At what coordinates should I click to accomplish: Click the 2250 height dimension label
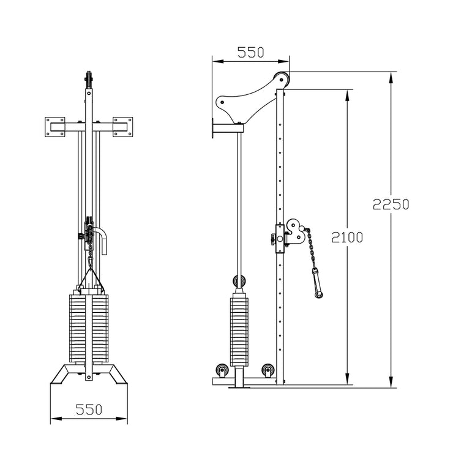pyautogui.click(x=391, y=204)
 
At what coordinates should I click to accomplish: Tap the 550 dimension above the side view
pyautogui.click(x=250, y=53)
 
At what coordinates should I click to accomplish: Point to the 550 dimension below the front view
pyautogui.click(x=89, y=409)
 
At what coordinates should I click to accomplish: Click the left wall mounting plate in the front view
pyautogui.click(x=56, y=127)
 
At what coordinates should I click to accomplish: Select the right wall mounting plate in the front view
pyautogui.click(x=122, y=127)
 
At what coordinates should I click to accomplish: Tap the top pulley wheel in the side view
pyautogui.click(x=282, y=79)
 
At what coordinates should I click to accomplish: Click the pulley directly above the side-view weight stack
pyautogui.click(x=238, y=282)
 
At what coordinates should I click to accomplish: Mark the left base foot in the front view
pyautogui.click(x=62, y=373)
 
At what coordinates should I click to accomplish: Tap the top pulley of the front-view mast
pyautogui.click(x=89, y=80)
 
